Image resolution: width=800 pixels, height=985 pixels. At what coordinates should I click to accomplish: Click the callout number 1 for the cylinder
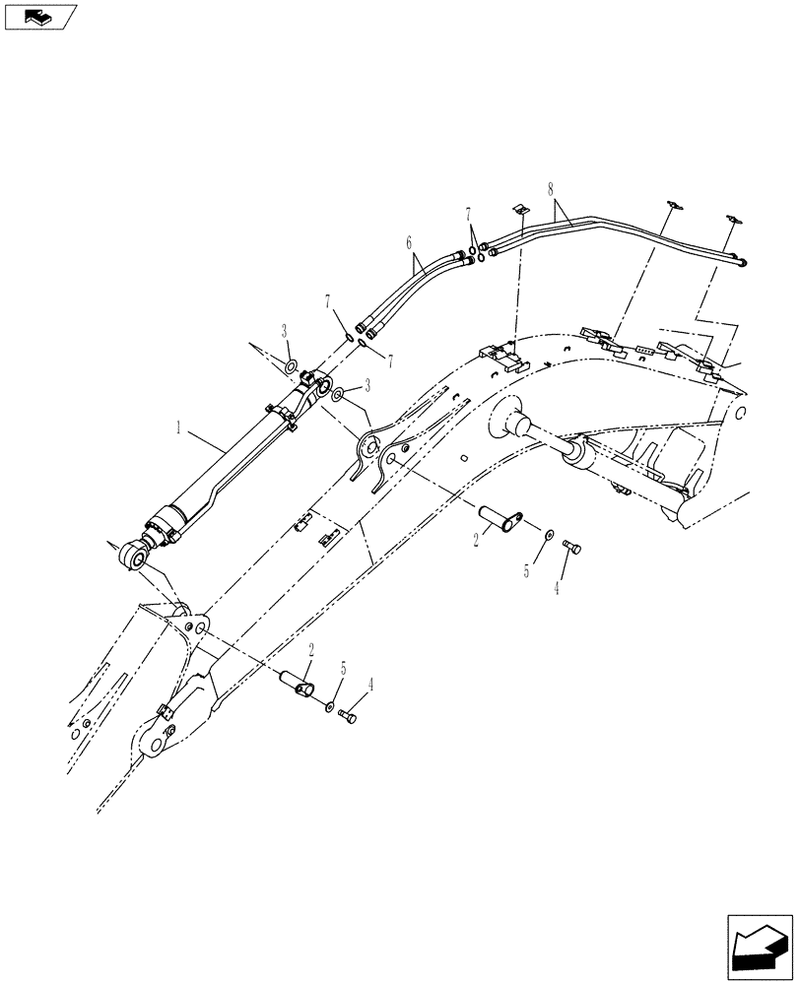pyautogui.click(x=178, y=428)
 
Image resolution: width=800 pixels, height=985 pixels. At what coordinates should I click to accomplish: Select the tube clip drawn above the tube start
pyautogui.click(x=523, y=209)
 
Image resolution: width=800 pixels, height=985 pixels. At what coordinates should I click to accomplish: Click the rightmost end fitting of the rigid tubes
pyautogui.click(x=741, y=261)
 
